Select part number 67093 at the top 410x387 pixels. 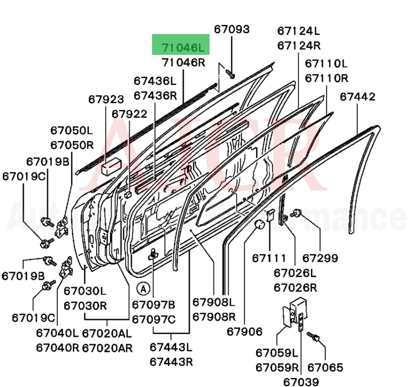(232, 29)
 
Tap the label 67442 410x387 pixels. (358, 97)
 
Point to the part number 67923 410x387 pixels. (106, 100)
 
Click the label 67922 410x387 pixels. (129, 114)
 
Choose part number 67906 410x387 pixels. (244, 332)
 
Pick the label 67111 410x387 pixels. (269, 258)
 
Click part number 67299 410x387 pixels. (320, 258)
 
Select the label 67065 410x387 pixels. (325, 367)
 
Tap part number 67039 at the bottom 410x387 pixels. (301, 382)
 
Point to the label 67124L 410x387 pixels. (298, 31)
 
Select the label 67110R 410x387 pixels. (326, 78)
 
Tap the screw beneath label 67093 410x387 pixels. (230, 74)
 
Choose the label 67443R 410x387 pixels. (171, 362)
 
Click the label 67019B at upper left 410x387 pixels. (47, 162)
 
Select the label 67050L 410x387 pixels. (72, 130)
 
